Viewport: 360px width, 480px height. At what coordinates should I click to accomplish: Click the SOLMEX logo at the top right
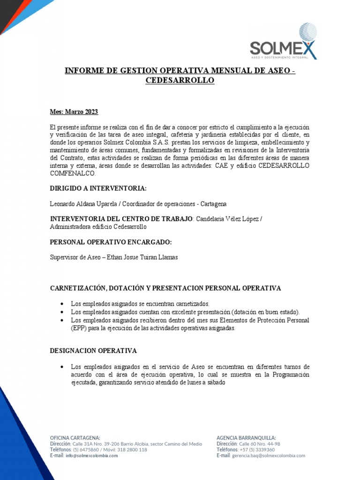(x=283, y=43)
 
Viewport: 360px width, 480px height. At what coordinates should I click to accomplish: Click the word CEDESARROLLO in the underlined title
(x=180, y=81)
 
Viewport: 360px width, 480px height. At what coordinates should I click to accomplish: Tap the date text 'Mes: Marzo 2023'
(x=74, y=112)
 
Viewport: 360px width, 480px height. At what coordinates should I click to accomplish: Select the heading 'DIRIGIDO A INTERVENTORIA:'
(x=98, y=188)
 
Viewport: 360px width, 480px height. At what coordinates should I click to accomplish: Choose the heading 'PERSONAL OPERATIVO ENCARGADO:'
(x=111, y=242)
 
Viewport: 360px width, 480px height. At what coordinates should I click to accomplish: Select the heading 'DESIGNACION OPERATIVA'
(x=93, y=351)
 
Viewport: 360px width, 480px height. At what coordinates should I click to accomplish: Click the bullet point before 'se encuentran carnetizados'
(x=62, y=304)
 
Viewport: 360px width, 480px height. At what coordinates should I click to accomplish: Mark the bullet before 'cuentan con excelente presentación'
(x=62, y=312)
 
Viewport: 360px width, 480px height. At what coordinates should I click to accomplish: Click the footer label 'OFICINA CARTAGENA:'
(x=75, y=437)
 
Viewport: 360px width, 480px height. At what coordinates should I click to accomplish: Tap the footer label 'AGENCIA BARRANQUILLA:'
(x=246, y=437)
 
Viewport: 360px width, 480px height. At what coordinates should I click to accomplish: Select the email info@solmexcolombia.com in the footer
(x=92, y=456)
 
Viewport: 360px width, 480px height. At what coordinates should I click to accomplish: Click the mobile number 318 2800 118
(x=131, y=450)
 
